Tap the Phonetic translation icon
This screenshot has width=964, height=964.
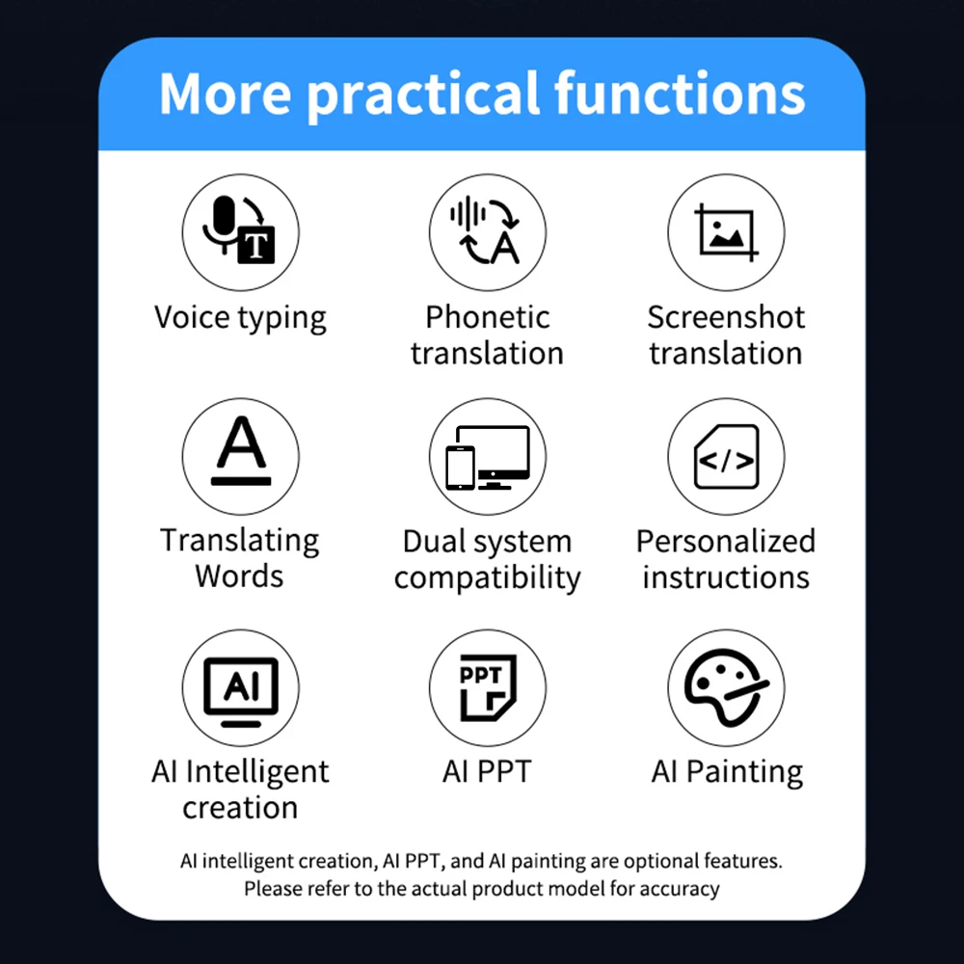tap(487, 232)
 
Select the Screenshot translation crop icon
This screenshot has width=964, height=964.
tap(726, 232)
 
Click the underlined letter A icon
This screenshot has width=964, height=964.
tap(240, 456)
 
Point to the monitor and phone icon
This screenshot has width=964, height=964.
tap(487, 456)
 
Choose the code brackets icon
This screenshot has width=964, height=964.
tap(726, 456)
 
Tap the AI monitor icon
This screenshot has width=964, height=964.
tap(240, 688)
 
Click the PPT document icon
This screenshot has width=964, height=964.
tap(487, 688)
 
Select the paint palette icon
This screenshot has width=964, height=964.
tap(726, 688)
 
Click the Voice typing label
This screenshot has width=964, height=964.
tap(240, 318)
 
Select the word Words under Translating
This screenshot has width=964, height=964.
tap(239, 576)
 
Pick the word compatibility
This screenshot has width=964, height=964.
tap(487, 578)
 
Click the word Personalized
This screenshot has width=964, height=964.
tap(725, 542)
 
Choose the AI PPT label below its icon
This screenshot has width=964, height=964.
tap(487, 771)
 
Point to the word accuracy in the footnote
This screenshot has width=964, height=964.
tap(682, 888)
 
